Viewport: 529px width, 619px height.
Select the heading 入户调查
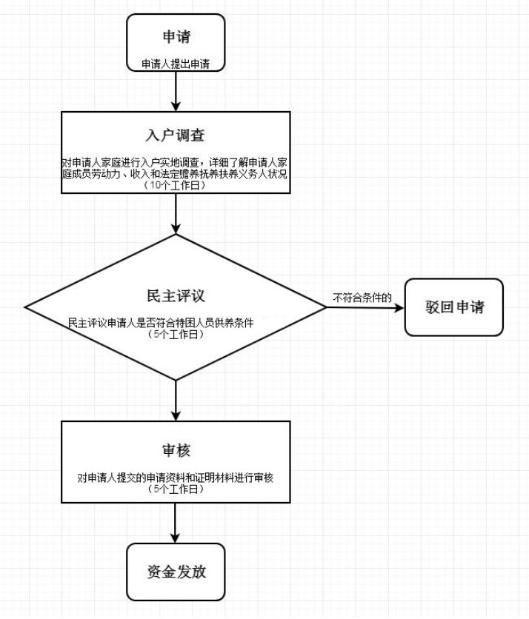tap(175, 135)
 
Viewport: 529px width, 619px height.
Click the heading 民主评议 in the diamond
tap(175, 295)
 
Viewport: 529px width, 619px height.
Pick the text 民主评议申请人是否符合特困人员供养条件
tap(172, 324)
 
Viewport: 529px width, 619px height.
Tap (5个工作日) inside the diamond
tap(175, 335)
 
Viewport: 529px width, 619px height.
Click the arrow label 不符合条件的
tap(362, 298)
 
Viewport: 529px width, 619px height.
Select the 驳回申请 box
tap(454, 307)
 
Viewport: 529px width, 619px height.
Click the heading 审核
tap(175, 452)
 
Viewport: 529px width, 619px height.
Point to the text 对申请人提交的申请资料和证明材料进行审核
tap(176, 478)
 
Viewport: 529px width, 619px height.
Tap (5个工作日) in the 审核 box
tap(175, 490)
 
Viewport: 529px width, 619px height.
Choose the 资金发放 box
tap(175, 572)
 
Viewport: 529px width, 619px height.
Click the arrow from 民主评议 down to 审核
tap(176, 401)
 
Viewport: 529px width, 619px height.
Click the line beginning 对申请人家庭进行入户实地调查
tap(175, 162)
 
